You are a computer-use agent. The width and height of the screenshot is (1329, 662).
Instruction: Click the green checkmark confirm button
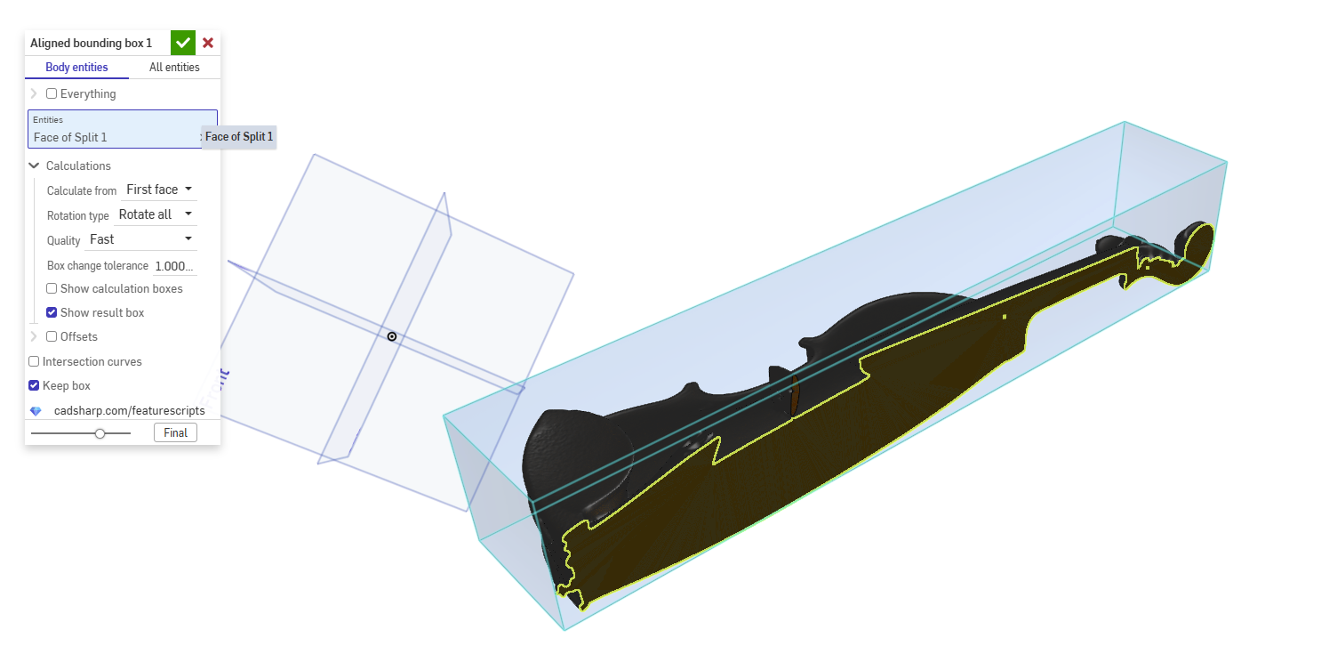point(183,43)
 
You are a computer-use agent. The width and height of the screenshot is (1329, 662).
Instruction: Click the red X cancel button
point(208,43)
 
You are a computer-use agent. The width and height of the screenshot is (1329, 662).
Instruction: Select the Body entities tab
point(76,67)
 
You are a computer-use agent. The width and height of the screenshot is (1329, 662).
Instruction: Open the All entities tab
point(174,67)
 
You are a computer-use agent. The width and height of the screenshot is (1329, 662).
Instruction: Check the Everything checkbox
point(52,93)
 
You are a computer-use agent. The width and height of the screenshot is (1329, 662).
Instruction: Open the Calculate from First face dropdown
point(159,190)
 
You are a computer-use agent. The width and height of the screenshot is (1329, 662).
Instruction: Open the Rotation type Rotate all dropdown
point(156,214)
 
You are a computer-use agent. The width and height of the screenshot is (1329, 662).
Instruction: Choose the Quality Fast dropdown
point(140,239)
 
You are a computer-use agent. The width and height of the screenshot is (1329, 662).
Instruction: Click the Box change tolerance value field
point(174,266)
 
